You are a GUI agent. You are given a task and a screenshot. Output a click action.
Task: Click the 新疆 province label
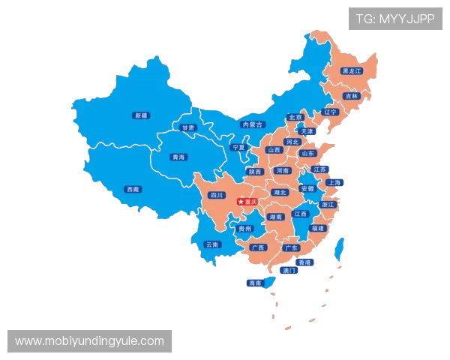pos(140,115)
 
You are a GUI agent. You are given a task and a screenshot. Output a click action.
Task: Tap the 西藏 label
pos(133,189)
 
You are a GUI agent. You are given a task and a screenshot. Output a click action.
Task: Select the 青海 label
pos(178,157)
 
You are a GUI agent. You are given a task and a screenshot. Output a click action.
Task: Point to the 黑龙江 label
pos(351,71)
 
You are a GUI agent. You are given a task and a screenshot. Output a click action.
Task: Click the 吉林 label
pos(350,96)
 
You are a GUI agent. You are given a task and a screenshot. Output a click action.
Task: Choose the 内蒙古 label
pos(253,124)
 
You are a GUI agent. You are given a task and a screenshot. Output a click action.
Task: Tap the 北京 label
pos(295,117)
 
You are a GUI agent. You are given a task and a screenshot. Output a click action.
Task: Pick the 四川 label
pos(217,195)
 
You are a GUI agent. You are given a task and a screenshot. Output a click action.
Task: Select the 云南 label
pos(212,244)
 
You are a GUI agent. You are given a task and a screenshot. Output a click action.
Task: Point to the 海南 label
pos(254,283)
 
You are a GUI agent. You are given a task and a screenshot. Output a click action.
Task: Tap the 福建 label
pos(318,228)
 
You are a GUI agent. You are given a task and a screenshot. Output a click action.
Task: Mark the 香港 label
pos(304,262)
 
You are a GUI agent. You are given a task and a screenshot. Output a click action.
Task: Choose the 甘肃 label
pos(187,127)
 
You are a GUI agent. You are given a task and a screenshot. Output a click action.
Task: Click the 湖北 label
pos(280,193)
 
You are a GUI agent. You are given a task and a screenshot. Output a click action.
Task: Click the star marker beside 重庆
pos(241,201)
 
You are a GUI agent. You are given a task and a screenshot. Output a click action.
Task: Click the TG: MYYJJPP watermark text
pos(395,19)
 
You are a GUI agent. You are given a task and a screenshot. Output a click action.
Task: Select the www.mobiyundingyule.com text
pos(89,341)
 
